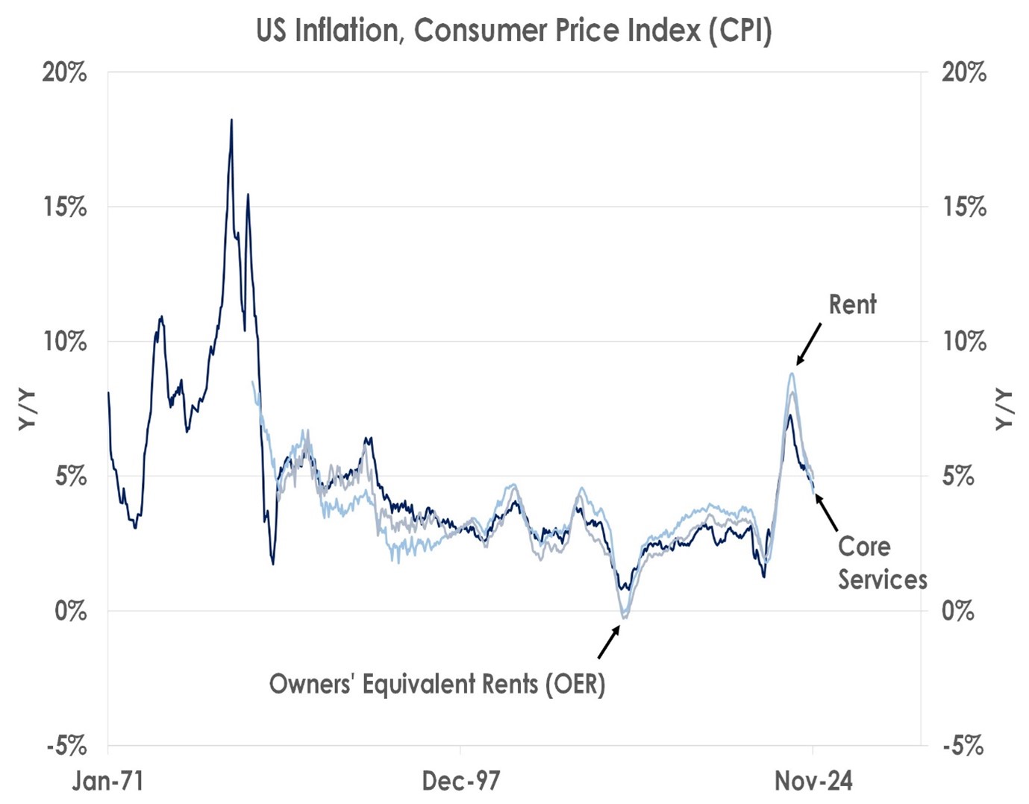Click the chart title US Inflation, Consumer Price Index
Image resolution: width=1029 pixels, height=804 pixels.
[x=513, y=31]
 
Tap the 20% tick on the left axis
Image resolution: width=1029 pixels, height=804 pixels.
[x=64, y=73]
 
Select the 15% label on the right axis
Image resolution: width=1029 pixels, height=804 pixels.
[x=964, y=207]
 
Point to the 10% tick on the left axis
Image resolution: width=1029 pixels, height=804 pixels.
[x=64, y=342]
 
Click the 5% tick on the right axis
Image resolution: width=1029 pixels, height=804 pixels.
[x=958, y=477]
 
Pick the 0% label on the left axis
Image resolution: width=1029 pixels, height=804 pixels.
[x=70, y=611]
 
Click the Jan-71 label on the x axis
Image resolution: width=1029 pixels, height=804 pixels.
[x=108, y=781]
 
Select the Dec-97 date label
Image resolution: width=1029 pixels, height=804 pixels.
[x=460, y=781]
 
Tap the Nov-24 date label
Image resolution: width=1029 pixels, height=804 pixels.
[x=813, y=781]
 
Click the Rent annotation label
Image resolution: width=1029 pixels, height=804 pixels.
[x=852, y=304]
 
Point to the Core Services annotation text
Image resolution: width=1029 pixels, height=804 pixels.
[x=881, y=563]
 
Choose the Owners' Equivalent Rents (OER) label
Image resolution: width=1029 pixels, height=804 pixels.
[x=437, y=684]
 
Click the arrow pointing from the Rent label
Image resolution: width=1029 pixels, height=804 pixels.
[x=808, y=344]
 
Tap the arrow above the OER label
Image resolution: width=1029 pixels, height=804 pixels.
[x=609, y=641]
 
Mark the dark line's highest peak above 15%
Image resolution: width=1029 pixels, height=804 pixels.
[x=231, y=120]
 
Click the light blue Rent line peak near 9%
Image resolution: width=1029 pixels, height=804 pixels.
[x=792, y=374]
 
